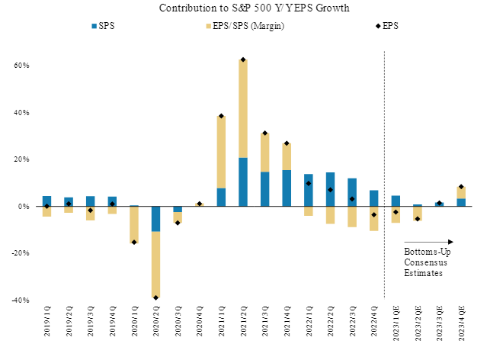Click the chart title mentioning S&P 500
(x=244, y=8)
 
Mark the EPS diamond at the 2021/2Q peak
(x=243, y=59)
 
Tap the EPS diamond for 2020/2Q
(x=155, y=297)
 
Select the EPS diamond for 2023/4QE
(x=461, y=187)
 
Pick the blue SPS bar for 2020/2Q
(x=155, y=219)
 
